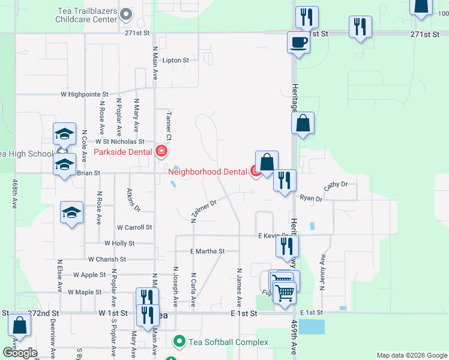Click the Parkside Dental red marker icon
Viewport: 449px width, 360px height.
click(x=161, y=151)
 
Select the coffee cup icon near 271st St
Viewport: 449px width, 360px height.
click(x=298, y=42)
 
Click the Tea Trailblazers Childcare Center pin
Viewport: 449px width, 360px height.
click(x=126, y=14)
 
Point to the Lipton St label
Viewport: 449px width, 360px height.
click(x=176, y=61)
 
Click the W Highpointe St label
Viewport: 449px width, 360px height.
click(x=84, y=94)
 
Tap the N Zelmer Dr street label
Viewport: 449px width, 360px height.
click(x=203, y=211)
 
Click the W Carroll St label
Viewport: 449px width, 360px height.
click(x=134, y=228)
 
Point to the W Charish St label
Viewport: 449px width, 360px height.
click(x=107, y=260)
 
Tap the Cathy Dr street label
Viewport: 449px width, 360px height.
click(x=336, y=186)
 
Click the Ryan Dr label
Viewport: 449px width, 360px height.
click(x=311, y=198)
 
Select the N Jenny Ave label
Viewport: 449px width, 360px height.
click(x=322, y=272)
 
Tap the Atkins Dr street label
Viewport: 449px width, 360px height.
click(x=133, y=200)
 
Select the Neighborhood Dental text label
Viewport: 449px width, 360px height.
click(x=207, y=172)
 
